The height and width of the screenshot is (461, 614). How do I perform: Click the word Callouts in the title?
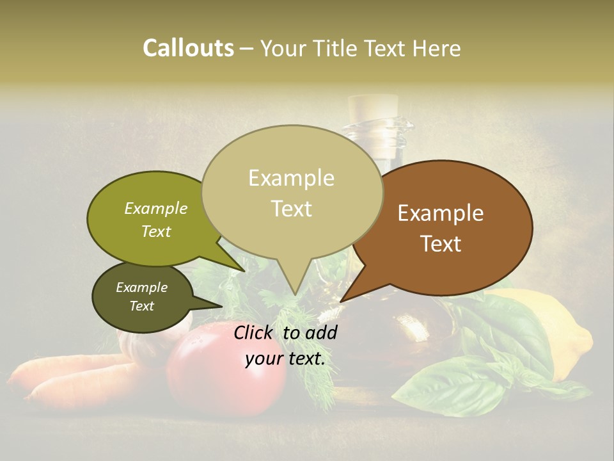click(188, 48)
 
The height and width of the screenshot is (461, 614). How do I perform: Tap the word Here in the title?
click(436, 48)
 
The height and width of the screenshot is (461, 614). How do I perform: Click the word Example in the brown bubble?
click(441, 213)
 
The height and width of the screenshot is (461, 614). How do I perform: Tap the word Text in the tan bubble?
click(292, 209)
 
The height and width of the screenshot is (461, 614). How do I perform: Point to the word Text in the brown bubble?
click(441, 244)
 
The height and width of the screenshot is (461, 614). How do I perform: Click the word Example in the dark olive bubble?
click(141, 287)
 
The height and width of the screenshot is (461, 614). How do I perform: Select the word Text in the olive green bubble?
click(156, 231)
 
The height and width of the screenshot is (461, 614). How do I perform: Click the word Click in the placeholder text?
click(254, 332)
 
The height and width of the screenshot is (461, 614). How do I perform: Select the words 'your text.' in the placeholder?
click(285, 359)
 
